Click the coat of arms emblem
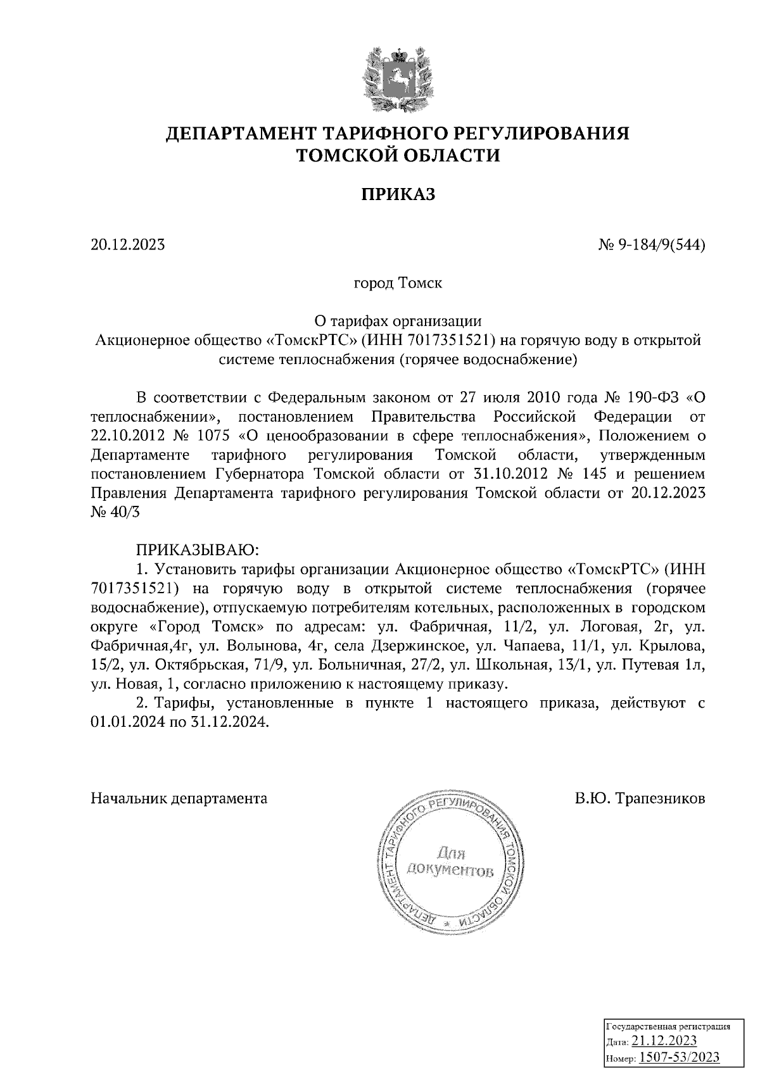tap(398, 76)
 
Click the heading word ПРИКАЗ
tap(398, 194)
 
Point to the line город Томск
tap(398, 283)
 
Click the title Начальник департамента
tap(179, 798)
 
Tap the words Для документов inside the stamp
tap(450, 862)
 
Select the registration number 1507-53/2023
tap(678, 1057)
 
